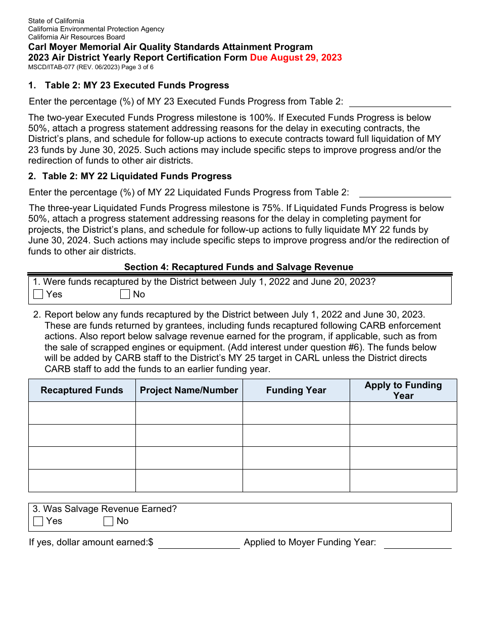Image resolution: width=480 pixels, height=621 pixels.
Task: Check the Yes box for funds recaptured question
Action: point(38,294)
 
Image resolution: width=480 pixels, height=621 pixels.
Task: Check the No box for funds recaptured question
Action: point(125,294)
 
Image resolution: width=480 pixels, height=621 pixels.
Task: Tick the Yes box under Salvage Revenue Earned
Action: point(38,522)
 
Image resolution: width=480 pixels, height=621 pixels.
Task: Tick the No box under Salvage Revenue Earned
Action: point(108,522)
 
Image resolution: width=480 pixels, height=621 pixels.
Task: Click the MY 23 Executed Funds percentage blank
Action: point(400,102)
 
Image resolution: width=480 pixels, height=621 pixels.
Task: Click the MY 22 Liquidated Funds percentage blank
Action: point(404,193)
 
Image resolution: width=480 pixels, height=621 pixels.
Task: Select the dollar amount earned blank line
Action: point(199,543)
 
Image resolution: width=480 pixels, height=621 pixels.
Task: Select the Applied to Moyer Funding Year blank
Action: point(417,543)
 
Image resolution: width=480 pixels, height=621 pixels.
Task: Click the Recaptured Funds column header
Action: point(82,390)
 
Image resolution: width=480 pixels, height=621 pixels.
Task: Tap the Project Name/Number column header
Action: point(189,390)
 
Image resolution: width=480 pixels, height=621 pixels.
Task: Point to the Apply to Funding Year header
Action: point(403,390)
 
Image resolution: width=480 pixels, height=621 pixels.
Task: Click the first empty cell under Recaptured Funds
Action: point(82,413)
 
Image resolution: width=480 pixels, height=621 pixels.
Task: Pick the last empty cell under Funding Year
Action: point(296,481)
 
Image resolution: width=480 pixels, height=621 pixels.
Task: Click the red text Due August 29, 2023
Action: point(296,58)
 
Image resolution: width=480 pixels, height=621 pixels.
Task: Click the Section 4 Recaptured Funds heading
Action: point(238,267)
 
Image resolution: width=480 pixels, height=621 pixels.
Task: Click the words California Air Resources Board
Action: point(76,37)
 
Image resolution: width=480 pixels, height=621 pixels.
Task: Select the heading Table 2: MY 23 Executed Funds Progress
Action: point(137,85)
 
